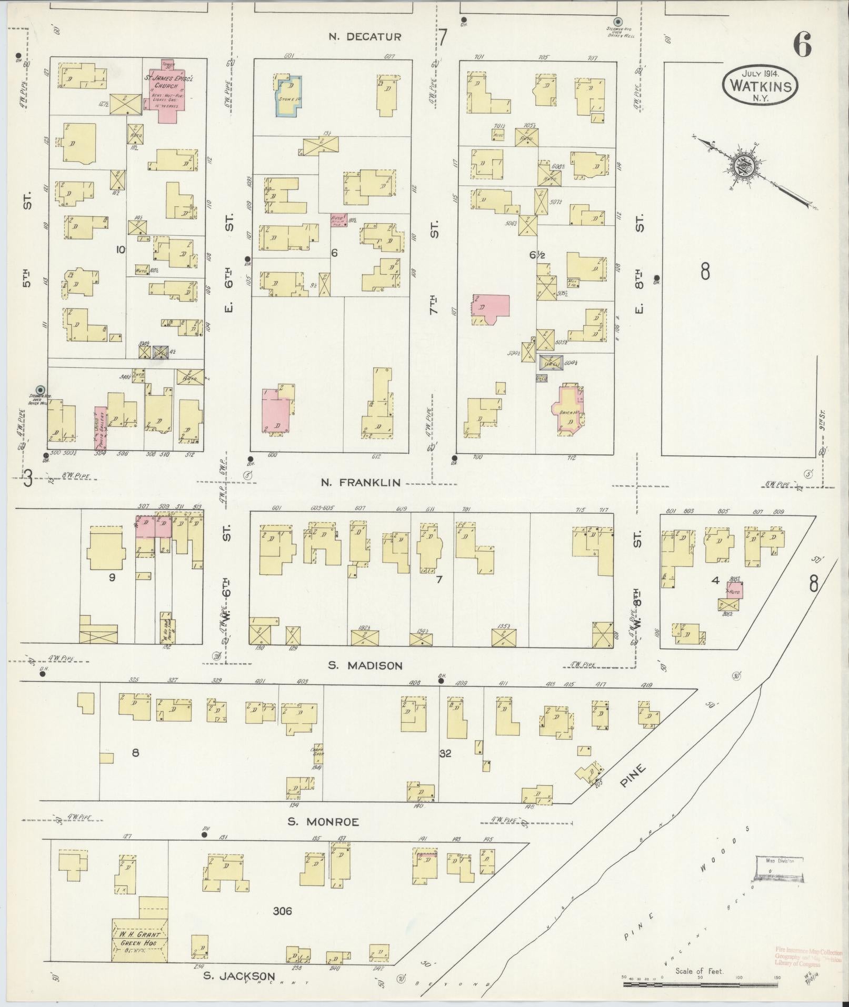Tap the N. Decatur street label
[365, 37]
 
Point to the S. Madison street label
[365, 665]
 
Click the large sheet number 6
[801, 45]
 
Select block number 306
[282, 911]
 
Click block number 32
[445, 753]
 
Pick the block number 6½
[536, 255]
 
